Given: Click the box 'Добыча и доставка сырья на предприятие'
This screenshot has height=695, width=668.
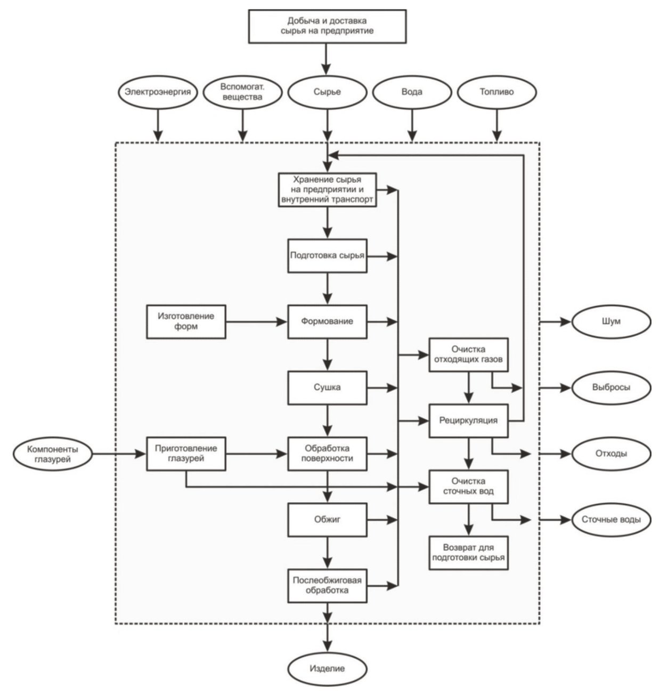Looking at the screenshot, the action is (x=327, y=27).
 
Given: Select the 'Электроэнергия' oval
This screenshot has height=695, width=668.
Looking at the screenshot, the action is (x=158, y=92).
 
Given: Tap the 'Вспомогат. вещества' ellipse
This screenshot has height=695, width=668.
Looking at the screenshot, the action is (x=243, y=92).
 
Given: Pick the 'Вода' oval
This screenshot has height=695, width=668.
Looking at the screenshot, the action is (x=412, y=92).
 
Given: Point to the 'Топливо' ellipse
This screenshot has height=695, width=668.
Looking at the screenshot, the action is (x=496, y=92).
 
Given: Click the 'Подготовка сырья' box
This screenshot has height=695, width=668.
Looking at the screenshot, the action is (x=328, y=256).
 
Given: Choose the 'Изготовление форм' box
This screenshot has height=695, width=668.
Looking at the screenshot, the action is (x=186, y=321).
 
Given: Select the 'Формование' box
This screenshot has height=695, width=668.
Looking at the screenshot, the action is (x=328, y=321).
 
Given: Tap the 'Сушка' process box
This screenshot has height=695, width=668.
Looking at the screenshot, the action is (x=328, y=387).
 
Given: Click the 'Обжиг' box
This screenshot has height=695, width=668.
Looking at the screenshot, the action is (x=328, y=520).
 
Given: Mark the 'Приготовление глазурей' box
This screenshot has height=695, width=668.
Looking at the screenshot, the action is (x=186, y=454).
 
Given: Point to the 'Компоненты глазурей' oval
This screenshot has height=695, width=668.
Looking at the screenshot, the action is (x=53, y=454).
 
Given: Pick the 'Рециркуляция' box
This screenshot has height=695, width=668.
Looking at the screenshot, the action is (x=468, y=421).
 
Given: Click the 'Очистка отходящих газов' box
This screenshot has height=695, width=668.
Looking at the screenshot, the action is (x=468, y=354).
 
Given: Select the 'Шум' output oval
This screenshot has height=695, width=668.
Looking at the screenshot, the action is (x=611, y=321).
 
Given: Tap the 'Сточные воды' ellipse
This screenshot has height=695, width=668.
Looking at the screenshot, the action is (x=611, y=520).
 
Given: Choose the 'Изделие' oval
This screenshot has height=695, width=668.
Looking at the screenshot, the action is (x=328, y=668).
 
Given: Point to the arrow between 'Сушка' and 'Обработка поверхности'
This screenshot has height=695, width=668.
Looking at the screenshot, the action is (x=328, y=421).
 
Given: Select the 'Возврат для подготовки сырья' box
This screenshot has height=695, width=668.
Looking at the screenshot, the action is (x=468, y=553).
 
